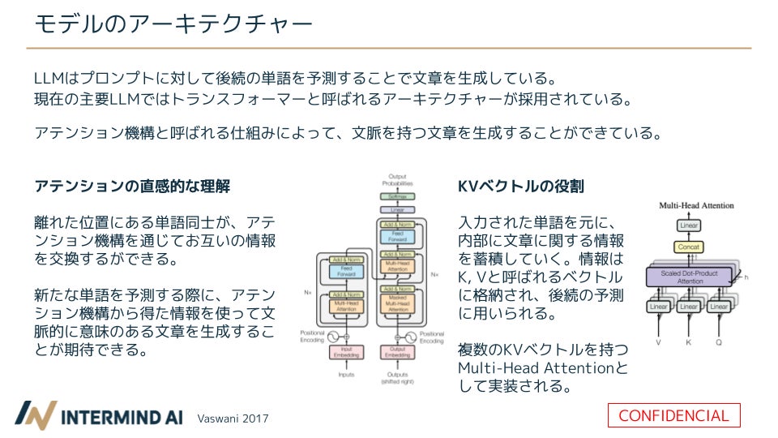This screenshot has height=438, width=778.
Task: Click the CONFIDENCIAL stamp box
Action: (x=674, y=415)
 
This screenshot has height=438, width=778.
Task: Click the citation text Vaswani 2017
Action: (x=233, y=419)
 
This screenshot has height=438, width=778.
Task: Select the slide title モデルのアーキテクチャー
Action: (x=173, y=24)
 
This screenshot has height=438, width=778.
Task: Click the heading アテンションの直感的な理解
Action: (x=132, y=186)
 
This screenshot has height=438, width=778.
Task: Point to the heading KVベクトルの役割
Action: (x=520, y=186)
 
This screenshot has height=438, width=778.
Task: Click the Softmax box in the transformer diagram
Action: (x=397, y=197)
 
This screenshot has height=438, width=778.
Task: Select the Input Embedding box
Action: (x=346, y=352)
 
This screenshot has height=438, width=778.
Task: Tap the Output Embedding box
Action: (x=397, y=352)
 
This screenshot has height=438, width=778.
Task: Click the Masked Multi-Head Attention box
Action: (x=397, y=306)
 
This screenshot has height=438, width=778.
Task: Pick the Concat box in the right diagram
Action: (x=688, y=247)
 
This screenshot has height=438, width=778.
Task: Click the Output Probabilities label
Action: (x=397, y=180)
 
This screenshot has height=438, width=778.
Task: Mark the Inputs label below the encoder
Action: (x=346, y=375)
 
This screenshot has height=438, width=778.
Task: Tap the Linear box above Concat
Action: (x=688, y=225)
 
